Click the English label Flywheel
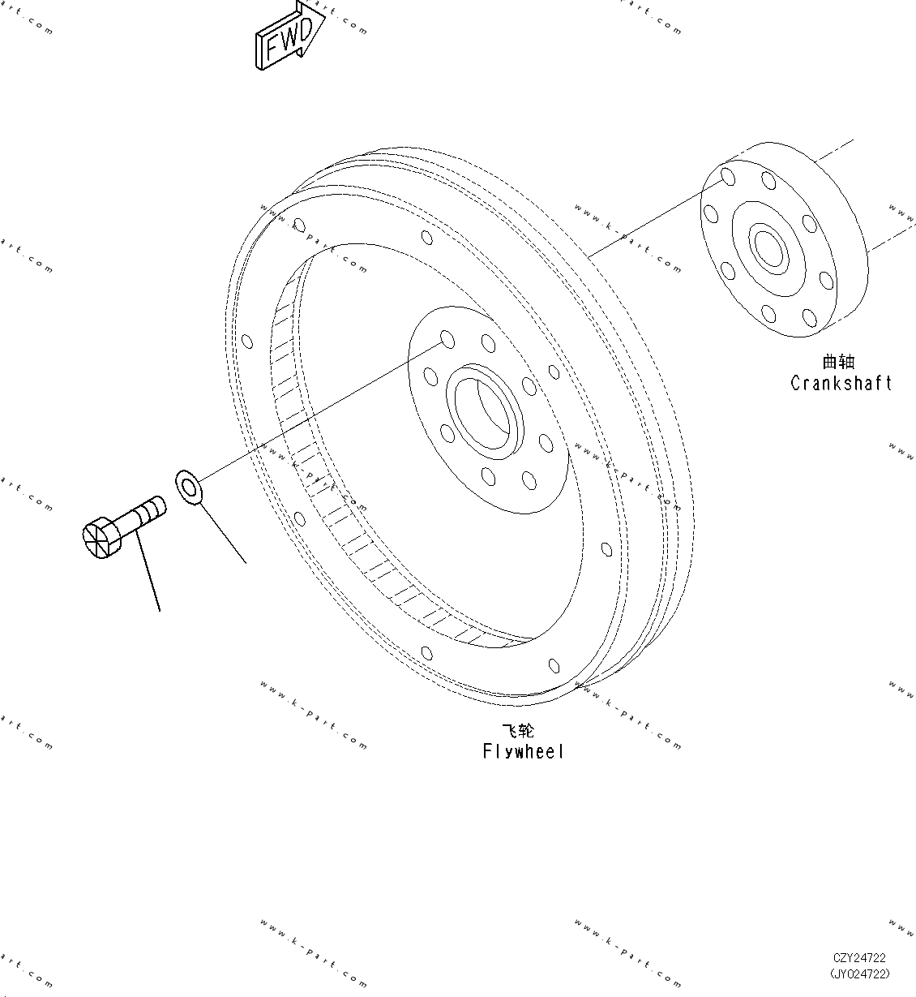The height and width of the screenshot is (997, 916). pyautogui.click(x=523, y=752)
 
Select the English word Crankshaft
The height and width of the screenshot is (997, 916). pyautogui.click(x=841, y=383)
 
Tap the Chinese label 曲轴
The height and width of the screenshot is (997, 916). pyautogui.click(x=838, y=362)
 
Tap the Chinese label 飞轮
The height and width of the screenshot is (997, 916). pyautogui.click(x=518, y=731)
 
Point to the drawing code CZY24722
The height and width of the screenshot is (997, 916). pyautogui.click(x=859, y=959)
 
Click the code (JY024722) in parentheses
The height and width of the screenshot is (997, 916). pyautogui.click(x=859, y=973)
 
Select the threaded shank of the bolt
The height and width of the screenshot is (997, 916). pyautogui.click(x=146, y=514)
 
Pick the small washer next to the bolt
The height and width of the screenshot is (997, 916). pyautogui.click(x=189, y=487)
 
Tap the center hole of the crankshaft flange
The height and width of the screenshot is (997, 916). pyautogui.click(x=767, y=247)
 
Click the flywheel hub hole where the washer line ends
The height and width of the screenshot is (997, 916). pyautogui.click(x=446, y=338)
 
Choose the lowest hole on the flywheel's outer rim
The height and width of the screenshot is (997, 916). pyautogui.click(x=554, y=666)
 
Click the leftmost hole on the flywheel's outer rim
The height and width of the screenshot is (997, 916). pyautogui.click(x=246, y=342)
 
